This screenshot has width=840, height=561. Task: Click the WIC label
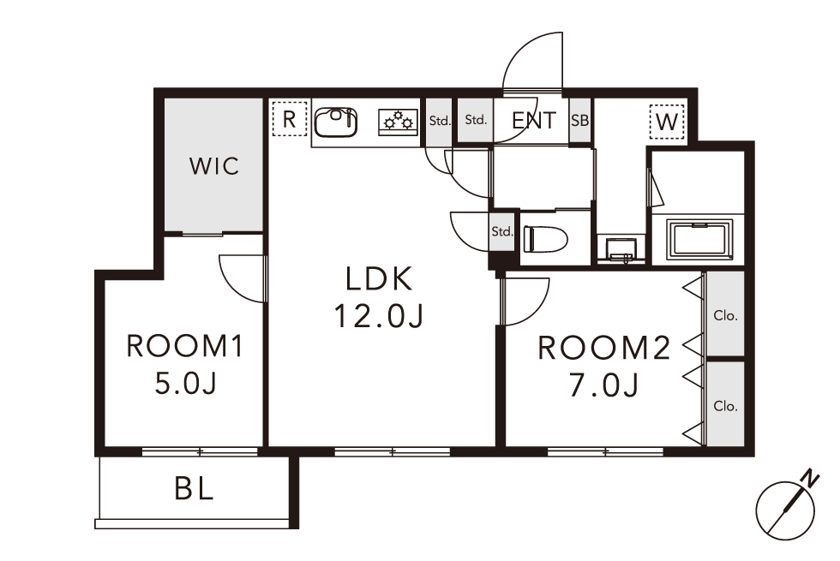[x=213, y=166]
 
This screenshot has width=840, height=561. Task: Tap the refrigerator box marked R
[x=290, y=119]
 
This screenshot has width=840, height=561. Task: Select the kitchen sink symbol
[x=336, y=122]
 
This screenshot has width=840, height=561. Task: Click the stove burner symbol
[x=399, y=122]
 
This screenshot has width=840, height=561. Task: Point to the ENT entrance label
[x=534, y=121]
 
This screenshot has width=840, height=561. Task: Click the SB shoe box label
[x=579, y=121]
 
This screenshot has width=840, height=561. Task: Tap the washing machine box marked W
[x=667, y=122]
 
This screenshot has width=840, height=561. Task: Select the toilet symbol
[x=545, y=239]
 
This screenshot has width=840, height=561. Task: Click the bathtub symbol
[x=699, y=239]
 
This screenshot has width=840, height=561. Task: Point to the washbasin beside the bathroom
[x=621, y=250]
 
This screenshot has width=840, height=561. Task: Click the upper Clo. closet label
[x=725, y=316]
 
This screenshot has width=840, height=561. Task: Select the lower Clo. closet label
[x=725, y=406]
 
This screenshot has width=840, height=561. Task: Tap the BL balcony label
[x=194, y=489]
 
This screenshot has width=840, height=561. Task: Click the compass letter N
[x=811, y=478]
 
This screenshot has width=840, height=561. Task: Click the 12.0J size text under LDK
[x=379, y=316]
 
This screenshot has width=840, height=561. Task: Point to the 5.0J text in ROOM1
[x=185, y=384]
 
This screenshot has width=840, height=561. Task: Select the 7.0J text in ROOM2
[x=603, y=385]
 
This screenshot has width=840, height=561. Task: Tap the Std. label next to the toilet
[x=502, y=231]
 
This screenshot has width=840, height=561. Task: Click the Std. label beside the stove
[x=439, y=121]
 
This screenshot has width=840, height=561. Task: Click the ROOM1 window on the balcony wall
[x=200, y=452]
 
